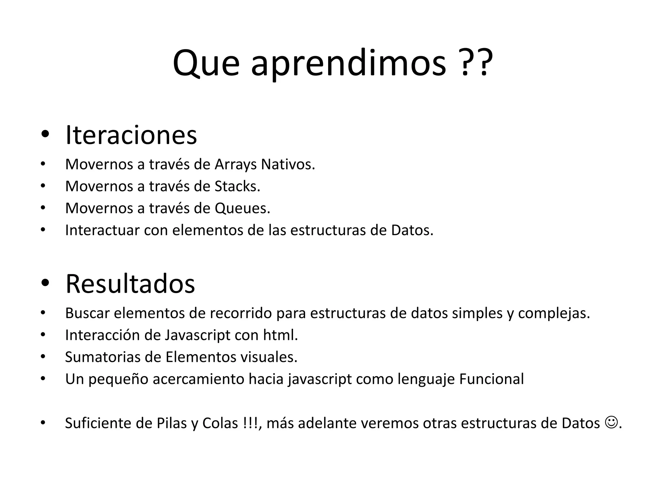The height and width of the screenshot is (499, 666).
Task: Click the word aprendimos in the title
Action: [x=348, y=64]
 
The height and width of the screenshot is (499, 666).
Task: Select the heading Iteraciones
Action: [x=131, y=135]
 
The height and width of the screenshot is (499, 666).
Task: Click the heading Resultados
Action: [x=130, y=284]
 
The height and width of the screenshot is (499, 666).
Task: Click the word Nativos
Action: [x=288, y=164]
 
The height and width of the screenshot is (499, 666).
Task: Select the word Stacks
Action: [x=237, y=186]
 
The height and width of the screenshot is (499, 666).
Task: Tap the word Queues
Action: [x=242, y=208]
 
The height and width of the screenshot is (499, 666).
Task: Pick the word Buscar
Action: [x=87, y=313]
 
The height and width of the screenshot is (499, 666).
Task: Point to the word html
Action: [x=280, y=335]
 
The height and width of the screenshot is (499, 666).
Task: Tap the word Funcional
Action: [x=491, y=379]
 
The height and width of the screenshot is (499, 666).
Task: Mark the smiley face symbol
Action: [x=611, y=423]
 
